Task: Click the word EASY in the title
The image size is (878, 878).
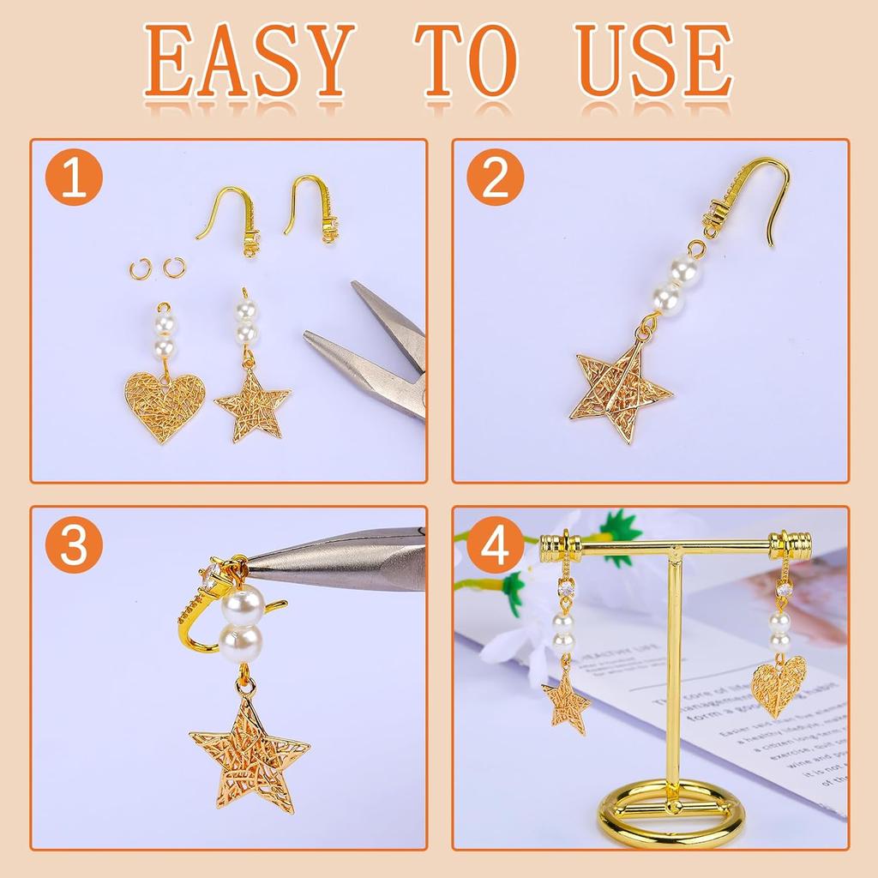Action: point(250,63)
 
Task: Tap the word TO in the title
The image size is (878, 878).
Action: point(467,63)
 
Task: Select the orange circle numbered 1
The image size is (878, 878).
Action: point(74,177)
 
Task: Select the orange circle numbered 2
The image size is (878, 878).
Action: point(495,177)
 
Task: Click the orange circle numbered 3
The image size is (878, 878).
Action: point(74,545)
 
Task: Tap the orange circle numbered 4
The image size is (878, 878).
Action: point(495,545)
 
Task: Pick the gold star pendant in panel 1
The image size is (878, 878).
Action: point(251,404)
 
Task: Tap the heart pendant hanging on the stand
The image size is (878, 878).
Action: point(779,685)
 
